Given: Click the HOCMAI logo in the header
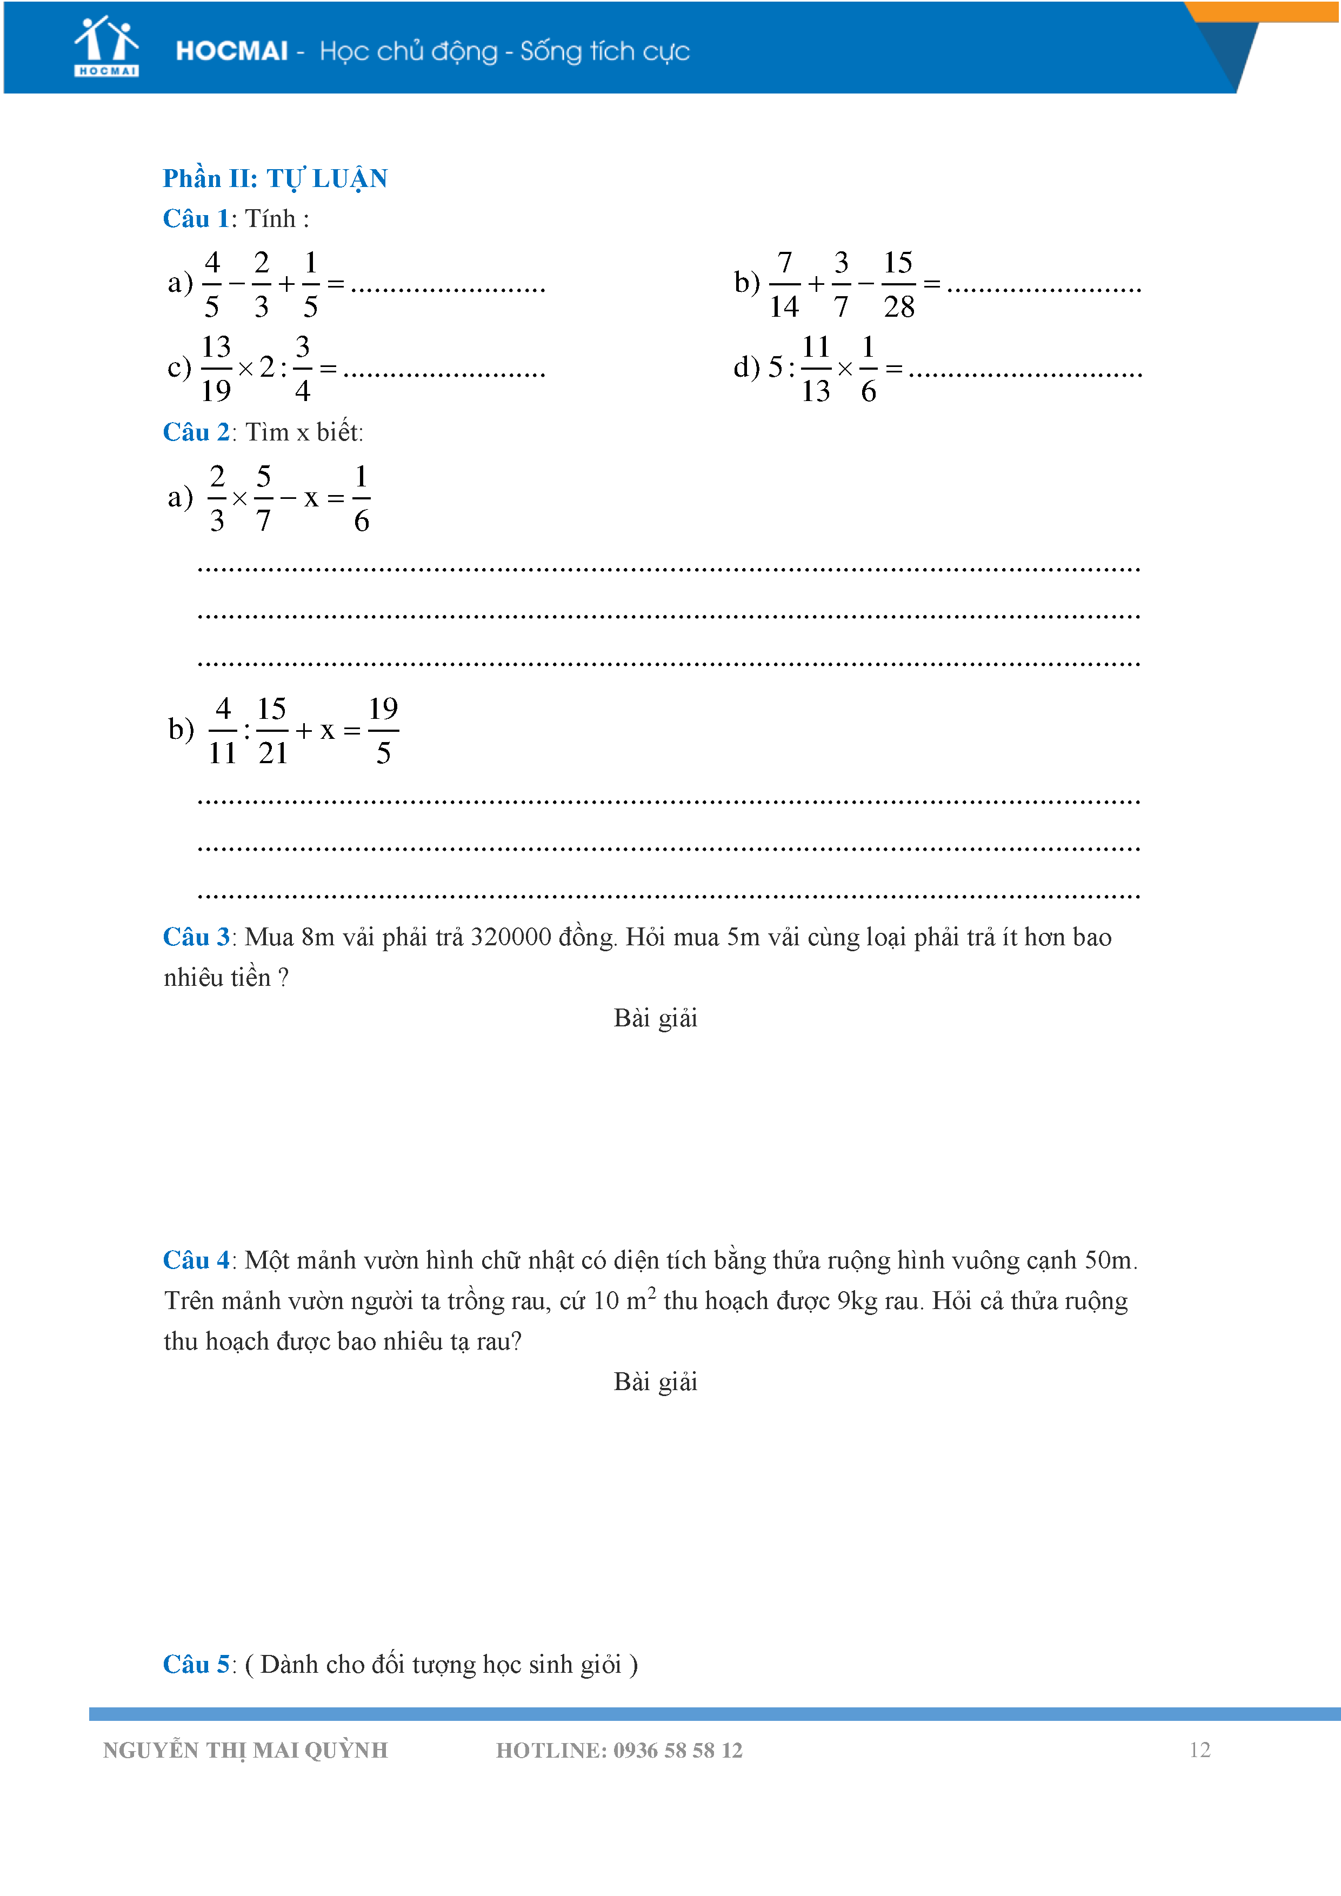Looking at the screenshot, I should [106, 47].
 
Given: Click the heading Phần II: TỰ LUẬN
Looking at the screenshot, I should [275, 178].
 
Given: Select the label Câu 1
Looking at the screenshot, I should [196, 219].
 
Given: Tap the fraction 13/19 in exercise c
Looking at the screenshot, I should [216, 368].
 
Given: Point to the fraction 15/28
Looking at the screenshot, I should [898, 284].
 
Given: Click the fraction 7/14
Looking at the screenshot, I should [784, 284].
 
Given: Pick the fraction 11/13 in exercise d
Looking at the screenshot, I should [816, 368].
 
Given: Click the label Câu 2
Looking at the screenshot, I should [196, 432].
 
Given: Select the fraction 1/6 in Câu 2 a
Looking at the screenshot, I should [361, 498].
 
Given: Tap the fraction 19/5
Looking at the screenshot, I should [383, 731].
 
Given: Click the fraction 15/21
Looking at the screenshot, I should [272, 731].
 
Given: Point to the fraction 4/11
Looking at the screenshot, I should [222, 731].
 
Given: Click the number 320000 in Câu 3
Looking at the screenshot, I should [510, 937].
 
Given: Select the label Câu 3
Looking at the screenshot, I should [196, 937].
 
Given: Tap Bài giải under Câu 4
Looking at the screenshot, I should [655, 1381].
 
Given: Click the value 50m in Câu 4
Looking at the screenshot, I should [1109, 1260].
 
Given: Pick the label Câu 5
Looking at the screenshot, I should [196, 1664].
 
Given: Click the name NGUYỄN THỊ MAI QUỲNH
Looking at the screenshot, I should [245, 1750].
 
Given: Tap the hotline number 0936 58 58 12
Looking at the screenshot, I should [677, 1750].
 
